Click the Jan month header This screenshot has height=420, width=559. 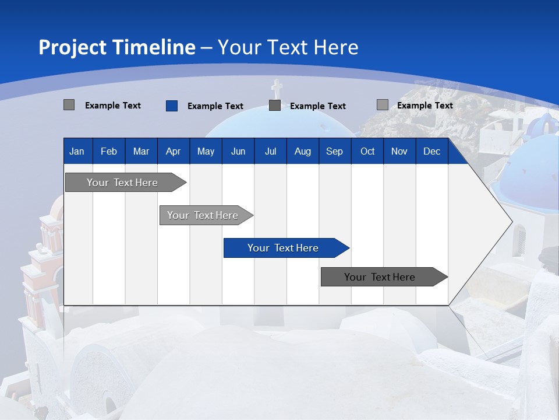pyautogui.click(x=77, y=151)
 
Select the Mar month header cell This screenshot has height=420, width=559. pyautogui.click(x=141, y=151)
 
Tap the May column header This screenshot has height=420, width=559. pyautogui.click(x=206, y=151)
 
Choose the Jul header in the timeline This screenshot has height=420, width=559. pyautogui.click(x=270, y=151)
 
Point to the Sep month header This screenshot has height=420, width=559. pyautogui.click(x=334, y=151)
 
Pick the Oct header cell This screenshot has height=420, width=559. pyautogui.click(x=367, y=151)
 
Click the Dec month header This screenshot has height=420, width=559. pyautogui.click(x=431, y=151)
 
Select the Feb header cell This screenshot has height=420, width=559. pyautogui.click(x=109, y=151)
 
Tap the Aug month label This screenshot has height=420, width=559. pyautogui.click(x=302, y=151)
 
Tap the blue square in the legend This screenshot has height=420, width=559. pyautogui.click(x=171, y=106)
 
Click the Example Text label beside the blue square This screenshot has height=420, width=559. pyautogui.click(x=215, y=106)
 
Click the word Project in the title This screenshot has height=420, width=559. pyautogui.click(x=73, y=47)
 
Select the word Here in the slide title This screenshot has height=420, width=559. pyautogui.click(x=336, y=47)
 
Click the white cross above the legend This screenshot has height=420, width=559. pyautogui.click(x=277, y=89)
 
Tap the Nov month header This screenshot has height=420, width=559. pyautogui.click(x=399, y=151)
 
